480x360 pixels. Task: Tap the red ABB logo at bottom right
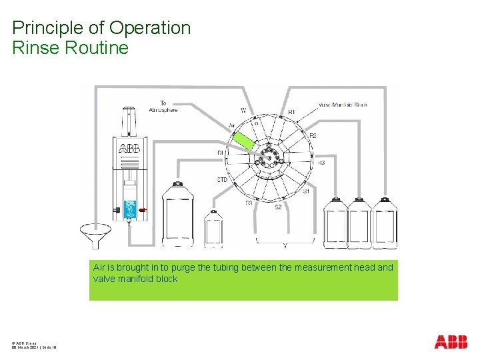pos(451,342)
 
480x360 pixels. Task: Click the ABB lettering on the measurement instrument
pos(129,149)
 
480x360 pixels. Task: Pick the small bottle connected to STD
pos(213,228)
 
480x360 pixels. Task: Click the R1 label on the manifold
pos(291,112)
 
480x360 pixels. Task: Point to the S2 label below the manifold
pos(279,207)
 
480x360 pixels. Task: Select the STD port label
pos(223,180)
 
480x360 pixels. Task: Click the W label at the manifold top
pos(243,111)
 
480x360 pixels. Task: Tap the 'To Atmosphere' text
pos(163,107)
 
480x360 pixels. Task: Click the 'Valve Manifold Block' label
pos(343,105)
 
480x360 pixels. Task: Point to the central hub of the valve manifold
pos(268,155)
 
